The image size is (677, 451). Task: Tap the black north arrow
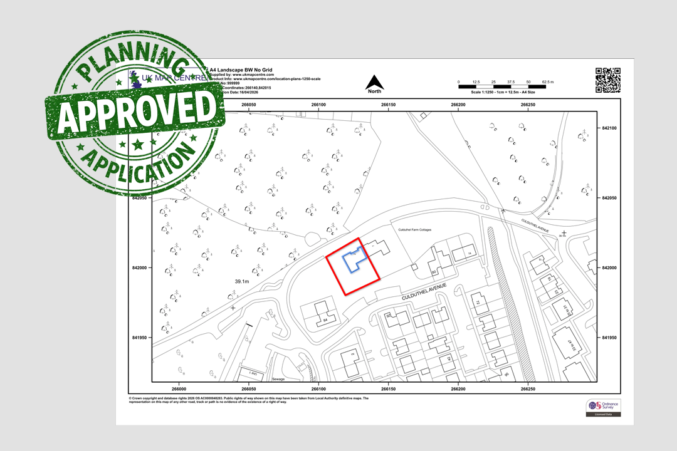click(x=374, y=82)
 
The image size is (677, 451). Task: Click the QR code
click(x=607, y=80)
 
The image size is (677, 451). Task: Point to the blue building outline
click(x=352, y=262)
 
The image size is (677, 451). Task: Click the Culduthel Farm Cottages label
click(x=415, y=230)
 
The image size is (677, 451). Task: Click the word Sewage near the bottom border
click(x=279, y=379)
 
